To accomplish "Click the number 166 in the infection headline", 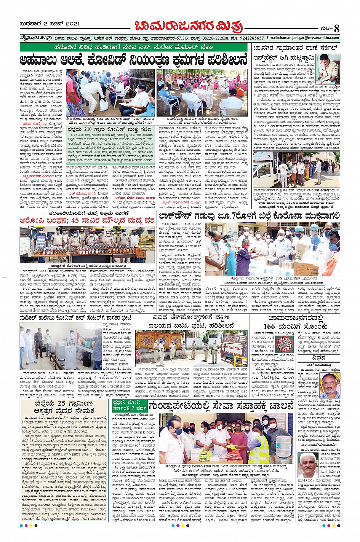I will point(269,326).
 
